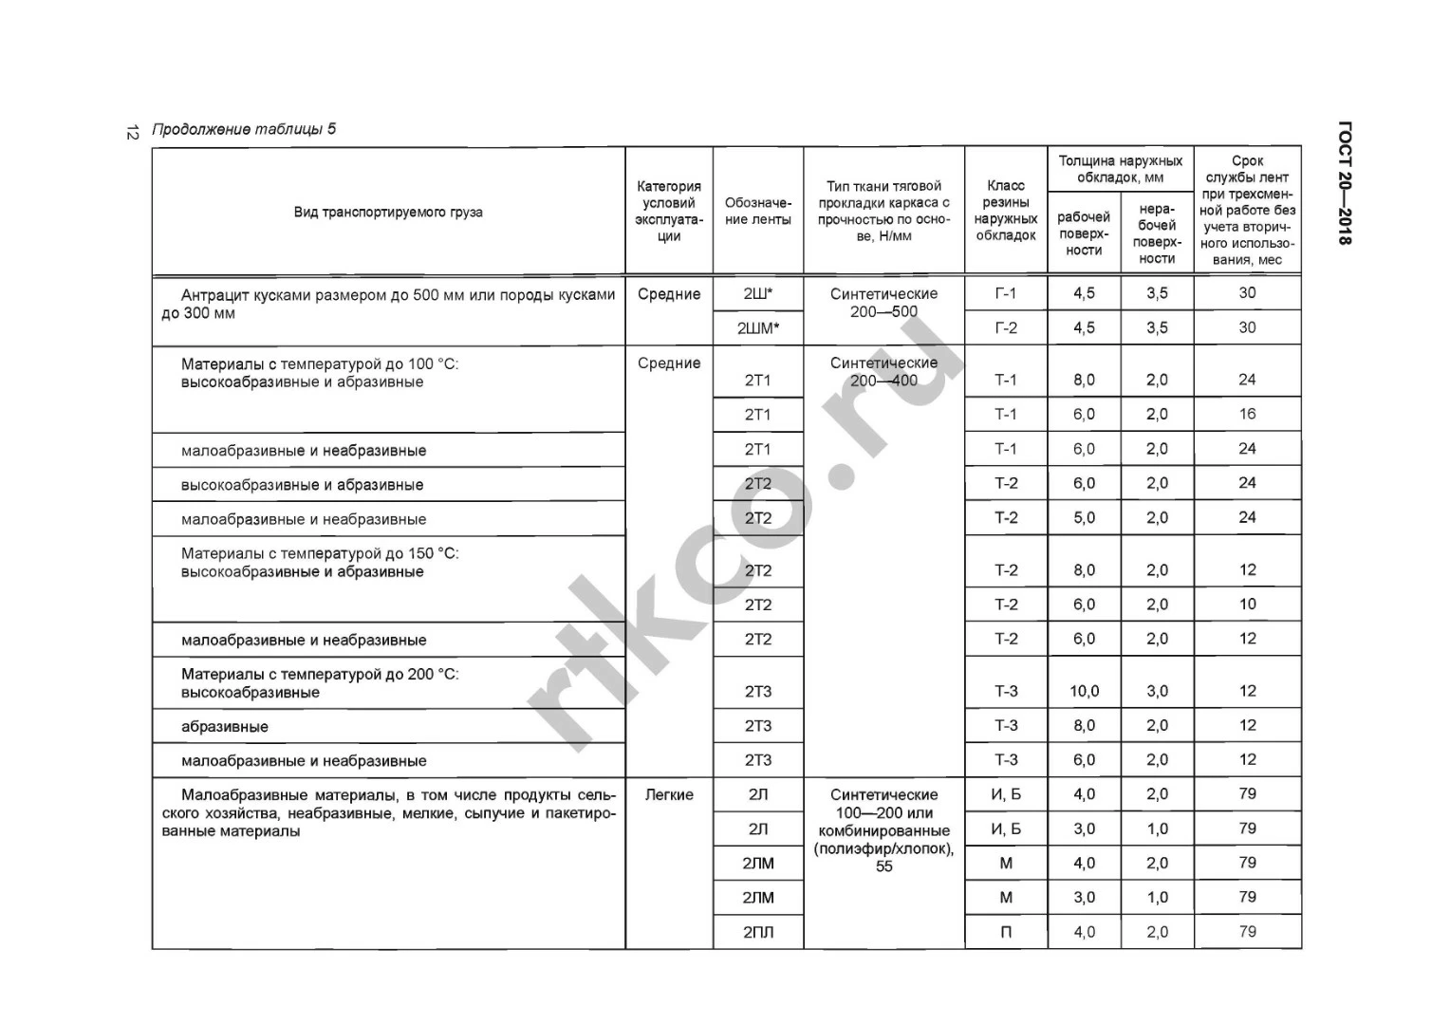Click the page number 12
click(133, 132)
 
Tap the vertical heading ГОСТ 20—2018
click(1344, 183)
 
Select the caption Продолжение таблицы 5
click(244, 129)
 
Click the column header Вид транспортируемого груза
click(388, 212)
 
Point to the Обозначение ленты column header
click(757, 211)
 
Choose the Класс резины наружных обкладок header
click(1006, 211)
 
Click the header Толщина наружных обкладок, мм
click(1120, 169)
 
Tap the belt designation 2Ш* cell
click(757, 294)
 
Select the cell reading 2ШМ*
click(757, 328)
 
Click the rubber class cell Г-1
click(1005, 294)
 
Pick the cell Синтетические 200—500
click(883, 303)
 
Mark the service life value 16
click(1247, 414)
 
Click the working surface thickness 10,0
click(1084, 691)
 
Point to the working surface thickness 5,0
click(1084, 518)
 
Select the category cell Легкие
click(669, 795)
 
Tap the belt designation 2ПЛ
click(757, 932)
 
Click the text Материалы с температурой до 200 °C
click(320, 675)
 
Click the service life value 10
click(1247, 605)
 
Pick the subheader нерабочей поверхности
click(1157, 233)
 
